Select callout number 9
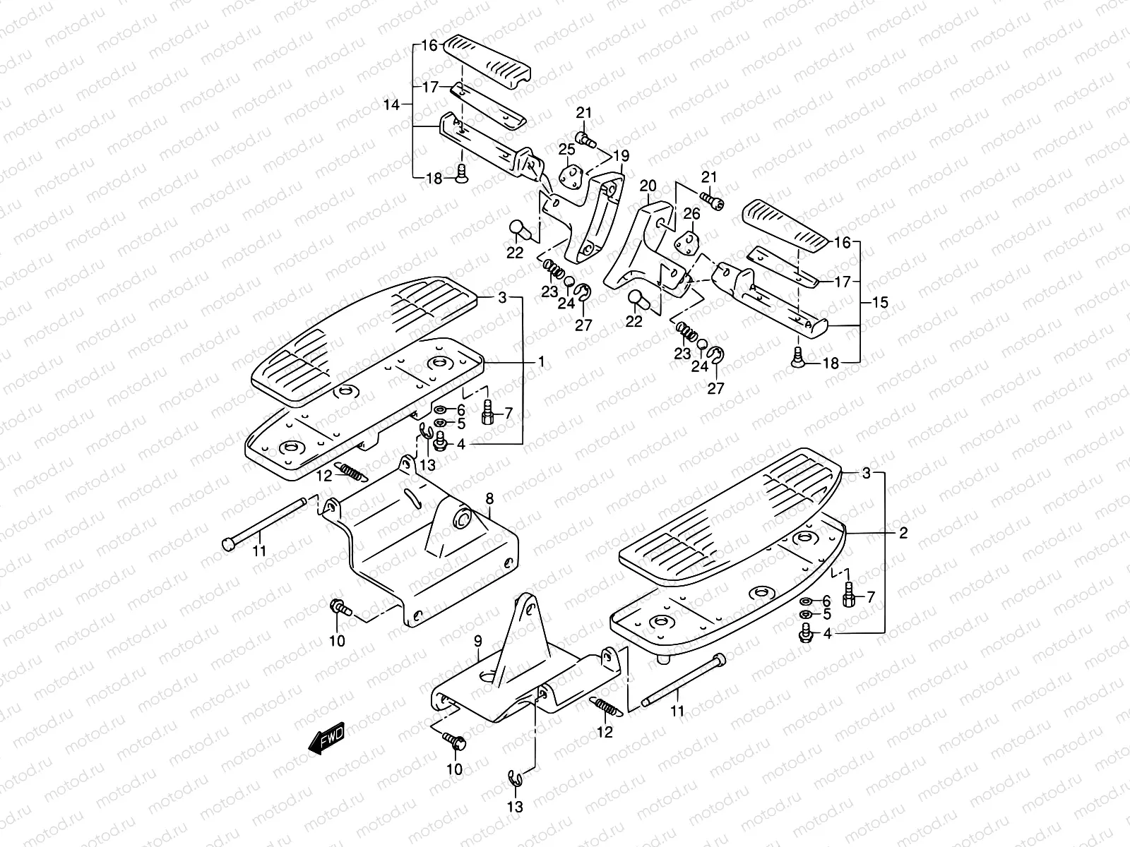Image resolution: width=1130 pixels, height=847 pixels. [x=477, y=642]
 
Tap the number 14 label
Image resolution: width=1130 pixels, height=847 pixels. [x=391, y=105]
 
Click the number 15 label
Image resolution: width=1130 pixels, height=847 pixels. [x=880, y=303]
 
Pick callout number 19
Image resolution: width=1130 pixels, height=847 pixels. [x=621, y=155]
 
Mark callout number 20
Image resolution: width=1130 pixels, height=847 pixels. [x=648, y=186]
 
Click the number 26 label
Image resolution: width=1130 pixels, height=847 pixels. [x=691, y=214]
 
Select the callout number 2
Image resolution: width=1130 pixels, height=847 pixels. [x=903, y=534]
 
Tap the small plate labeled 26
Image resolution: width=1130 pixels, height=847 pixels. [x=685, y=242]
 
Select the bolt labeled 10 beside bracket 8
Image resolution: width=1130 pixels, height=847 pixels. [x=338, y=608]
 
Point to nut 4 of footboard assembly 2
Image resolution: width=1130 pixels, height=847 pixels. [x=804, y=635]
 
